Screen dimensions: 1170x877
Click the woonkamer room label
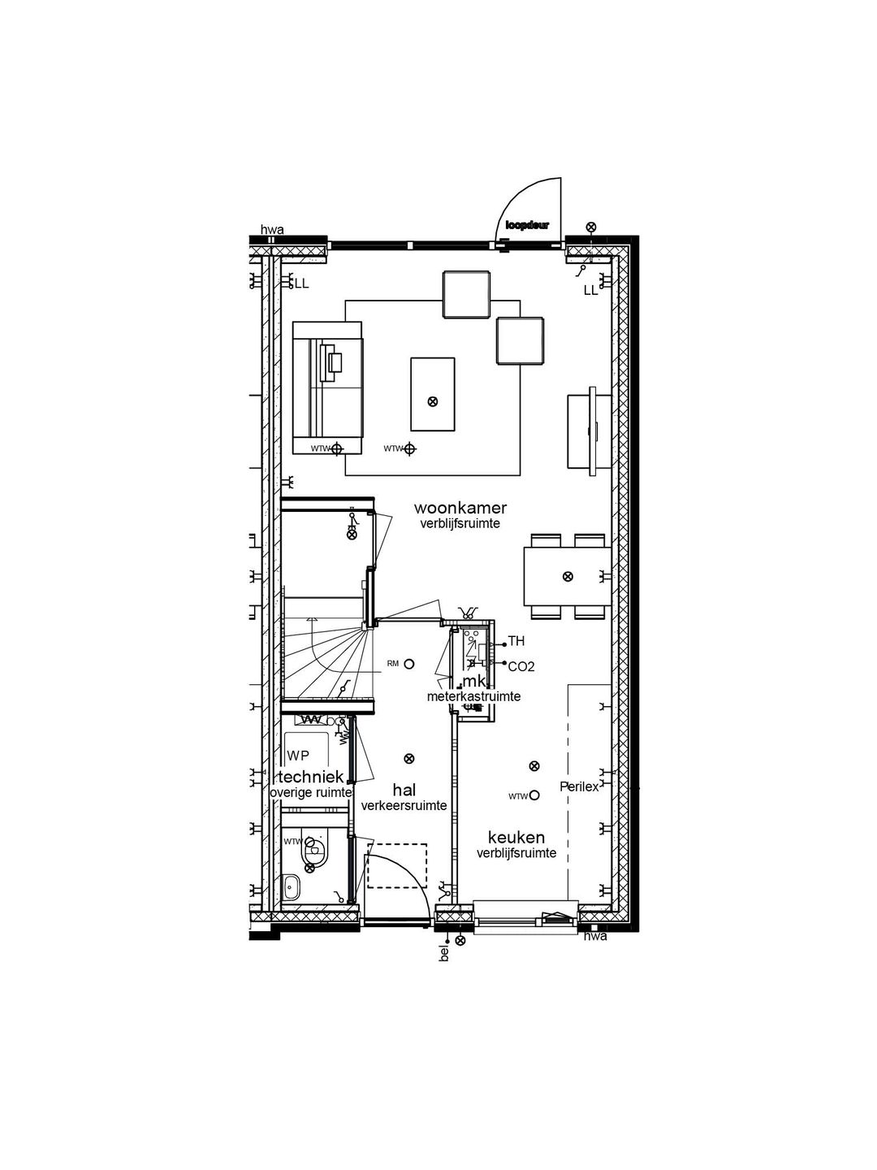tap(460, 508)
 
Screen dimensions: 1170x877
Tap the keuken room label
tap(516, 838)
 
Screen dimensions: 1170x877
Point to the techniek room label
tap(312, 777)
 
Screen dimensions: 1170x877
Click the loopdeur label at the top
tap(527, 225)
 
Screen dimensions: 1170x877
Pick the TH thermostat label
tap(516, 642)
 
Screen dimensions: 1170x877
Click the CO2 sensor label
tap(521, 666)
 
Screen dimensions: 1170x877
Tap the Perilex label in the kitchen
tap(579, 786)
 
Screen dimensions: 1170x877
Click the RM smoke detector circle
tap(409, 664)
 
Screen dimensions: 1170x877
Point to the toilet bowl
tap(313, 854)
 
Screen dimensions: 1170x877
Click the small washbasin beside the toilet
tap(292, 886)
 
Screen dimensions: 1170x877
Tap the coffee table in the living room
tap(432, 394)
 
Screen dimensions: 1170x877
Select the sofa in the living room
tap(327, 387)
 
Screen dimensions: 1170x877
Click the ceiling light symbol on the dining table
tap(568, 576)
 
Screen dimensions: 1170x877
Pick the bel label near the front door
tap(444, 953)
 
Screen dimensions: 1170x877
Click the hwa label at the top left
tap(272, 231)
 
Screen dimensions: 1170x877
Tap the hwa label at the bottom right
tap(595, 937)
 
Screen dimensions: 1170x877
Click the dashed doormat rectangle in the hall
tap(397, 865)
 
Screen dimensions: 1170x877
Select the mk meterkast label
tap(473, 682)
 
